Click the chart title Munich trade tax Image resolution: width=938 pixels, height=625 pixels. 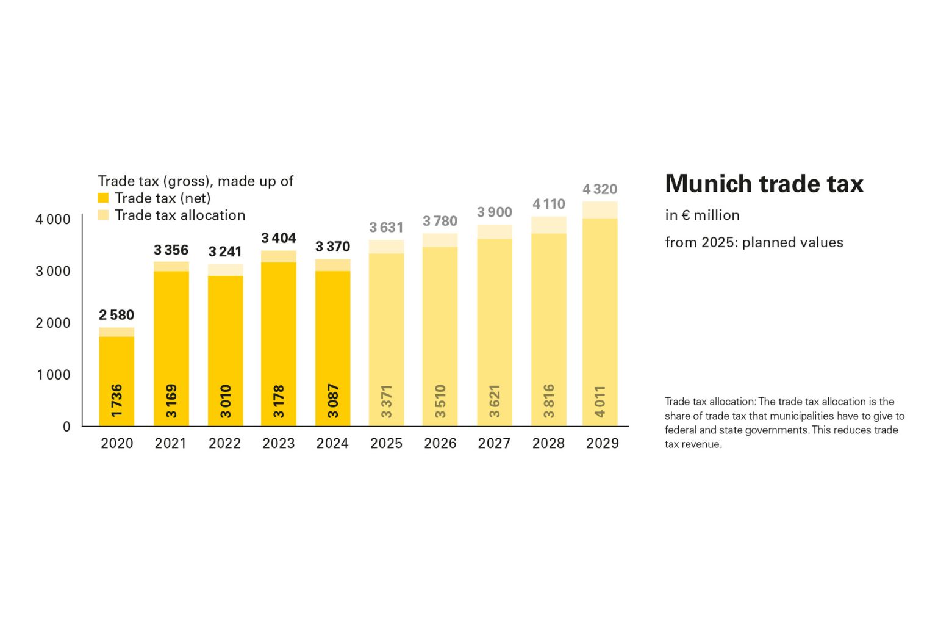(764, 184)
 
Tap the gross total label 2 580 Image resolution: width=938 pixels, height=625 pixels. (116, 315)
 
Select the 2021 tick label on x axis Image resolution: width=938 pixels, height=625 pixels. (170, 443)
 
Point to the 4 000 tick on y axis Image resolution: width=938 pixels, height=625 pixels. (53, 219)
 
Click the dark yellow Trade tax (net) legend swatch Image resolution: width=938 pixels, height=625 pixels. (103, 198)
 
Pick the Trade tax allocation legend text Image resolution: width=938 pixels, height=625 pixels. (180, 215)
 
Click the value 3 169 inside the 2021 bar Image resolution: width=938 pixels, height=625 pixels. (171, 401)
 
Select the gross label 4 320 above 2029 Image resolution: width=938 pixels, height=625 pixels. (600, 189)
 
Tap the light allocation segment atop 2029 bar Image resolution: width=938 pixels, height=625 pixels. (600, 209)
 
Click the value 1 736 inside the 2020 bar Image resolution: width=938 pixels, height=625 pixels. (117, 401)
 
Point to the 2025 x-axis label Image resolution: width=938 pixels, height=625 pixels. (386, 443)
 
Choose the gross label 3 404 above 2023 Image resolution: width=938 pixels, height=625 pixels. (279, 238)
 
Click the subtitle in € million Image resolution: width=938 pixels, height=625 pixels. (702, 215)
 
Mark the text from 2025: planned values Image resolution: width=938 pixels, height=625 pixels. (754, 242)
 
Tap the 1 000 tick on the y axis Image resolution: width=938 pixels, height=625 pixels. (54, 375)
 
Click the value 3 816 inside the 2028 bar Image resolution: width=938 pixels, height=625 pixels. (549, 401)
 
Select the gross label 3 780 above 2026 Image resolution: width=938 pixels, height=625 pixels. (440, 221)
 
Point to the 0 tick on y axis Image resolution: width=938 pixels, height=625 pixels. (66, 427)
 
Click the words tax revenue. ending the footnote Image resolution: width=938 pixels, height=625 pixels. (693, 444)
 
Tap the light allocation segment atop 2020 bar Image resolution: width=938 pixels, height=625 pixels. (116, 332)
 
